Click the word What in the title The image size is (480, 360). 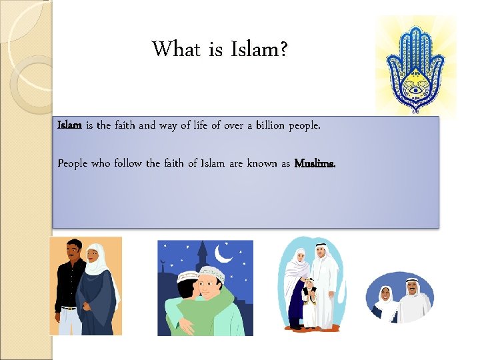[176, 49]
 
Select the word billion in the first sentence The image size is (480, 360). [265, 125]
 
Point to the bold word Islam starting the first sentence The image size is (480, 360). [69, 125]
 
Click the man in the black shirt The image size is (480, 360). [71, 280]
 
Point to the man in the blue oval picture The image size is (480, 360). [413, 301]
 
